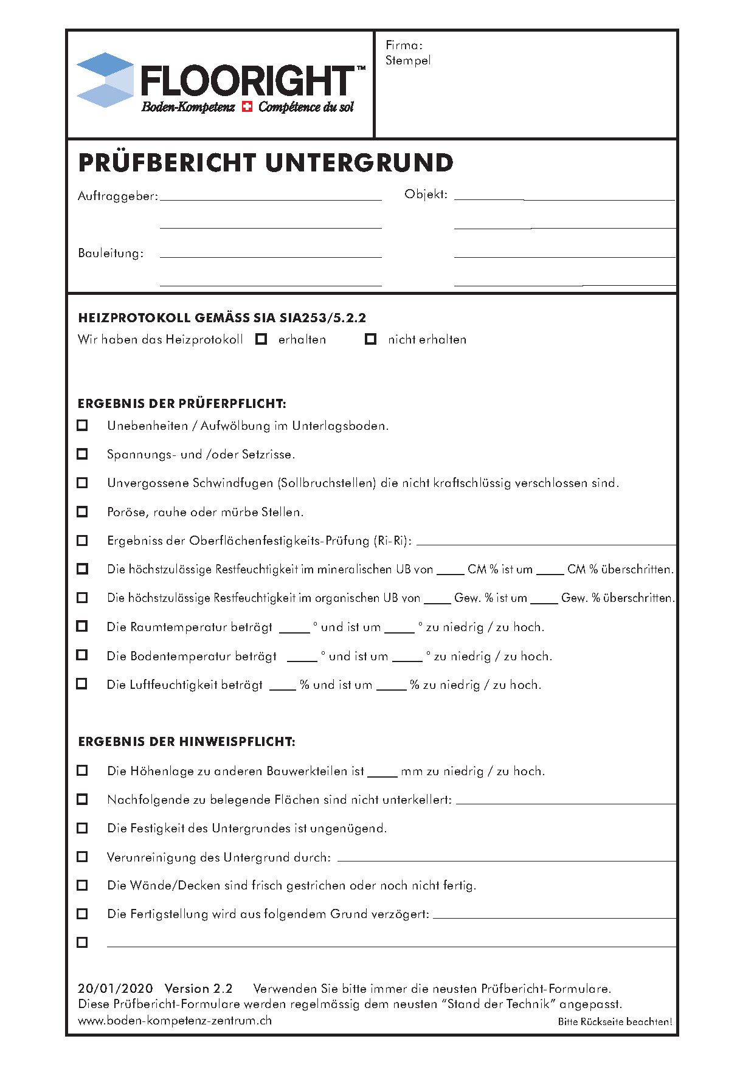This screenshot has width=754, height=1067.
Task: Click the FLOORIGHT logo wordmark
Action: point(246,81)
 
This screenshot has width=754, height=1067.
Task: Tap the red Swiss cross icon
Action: point(247,107)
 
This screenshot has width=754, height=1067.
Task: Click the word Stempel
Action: point(408,60)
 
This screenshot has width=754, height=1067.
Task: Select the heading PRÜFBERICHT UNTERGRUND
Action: point(266,163)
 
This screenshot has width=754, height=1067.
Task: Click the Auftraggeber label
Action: point(118,196)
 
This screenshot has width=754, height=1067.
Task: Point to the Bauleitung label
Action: point(111,254)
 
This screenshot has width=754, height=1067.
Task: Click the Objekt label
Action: point(426,195)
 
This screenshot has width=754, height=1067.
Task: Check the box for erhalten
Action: point(261,339)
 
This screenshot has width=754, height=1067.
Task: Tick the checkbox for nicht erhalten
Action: point(370,339)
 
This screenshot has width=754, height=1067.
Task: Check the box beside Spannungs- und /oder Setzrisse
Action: point(82,454)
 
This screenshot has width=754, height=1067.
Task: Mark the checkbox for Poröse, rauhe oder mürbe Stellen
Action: point(82,512)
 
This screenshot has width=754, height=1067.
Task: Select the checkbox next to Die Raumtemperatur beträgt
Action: point(82,626)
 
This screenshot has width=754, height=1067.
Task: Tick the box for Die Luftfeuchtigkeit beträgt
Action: point(82,684)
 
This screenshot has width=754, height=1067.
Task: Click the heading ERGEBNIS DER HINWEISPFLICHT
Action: point(187,742)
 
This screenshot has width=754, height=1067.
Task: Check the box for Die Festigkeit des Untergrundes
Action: point(82,828)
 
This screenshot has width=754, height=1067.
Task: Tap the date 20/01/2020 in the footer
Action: point(116,989)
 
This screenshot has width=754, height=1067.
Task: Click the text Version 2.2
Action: point(199,989)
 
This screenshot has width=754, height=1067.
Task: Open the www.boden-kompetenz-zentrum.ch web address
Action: point(175,1021)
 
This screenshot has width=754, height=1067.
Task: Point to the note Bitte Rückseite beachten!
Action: point(615,1022)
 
